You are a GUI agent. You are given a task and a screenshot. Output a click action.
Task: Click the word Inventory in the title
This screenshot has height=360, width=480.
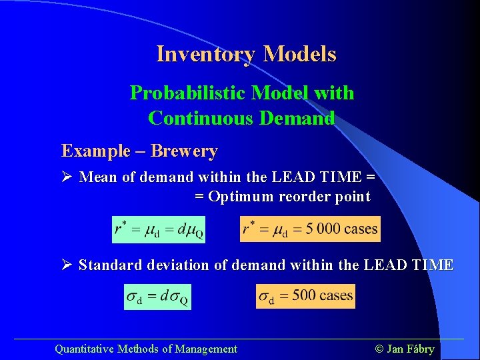tap(206, 54)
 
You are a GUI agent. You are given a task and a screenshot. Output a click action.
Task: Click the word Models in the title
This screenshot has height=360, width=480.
tap(299, 54)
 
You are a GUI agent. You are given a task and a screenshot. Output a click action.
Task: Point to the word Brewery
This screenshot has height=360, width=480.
tap(184, 151)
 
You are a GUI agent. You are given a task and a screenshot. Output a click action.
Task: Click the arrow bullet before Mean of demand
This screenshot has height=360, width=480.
tap(67, 177)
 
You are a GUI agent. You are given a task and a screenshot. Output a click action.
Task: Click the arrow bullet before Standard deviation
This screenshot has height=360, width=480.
tap(67, 265)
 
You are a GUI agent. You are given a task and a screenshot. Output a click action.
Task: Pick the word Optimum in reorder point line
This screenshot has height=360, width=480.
tap(241, 197)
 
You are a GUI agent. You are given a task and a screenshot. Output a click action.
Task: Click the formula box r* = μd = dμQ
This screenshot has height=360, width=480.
tap(158, 230)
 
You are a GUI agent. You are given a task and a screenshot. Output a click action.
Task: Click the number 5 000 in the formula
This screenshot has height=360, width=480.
tap(320, 229)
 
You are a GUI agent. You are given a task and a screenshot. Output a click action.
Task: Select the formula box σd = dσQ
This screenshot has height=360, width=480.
tap(158, 297)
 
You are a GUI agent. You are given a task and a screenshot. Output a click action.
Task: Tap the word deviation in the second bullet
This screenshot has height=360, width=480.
tap(177, 265)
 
